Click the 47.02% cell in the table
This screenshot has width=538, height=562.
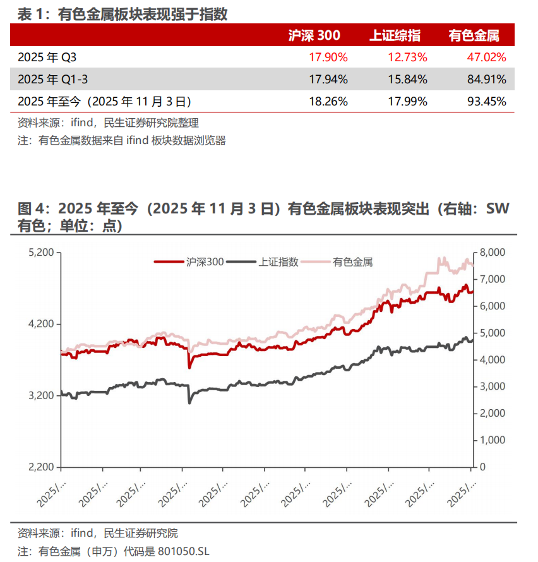coord(486,57)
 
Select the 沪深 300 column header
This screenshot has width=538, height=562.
coord(314,35)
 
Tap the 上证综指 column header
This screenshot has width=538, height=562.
coord(395,35)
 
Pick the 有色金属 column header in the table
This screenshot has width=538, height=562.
coord(477,35)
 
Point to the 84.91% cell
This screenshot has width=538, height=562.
coord(486,79)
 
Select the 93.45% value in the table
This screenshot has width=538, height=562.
coord(486,101)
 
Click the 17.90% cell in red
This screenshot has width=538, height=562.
coord(328,57)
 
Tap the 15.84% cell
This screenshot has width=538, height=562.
coord(408,79)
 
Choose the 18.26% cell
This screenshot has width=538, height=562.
coord(328,101)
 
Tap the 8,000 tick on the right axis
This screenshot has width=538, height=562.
coord(492,253)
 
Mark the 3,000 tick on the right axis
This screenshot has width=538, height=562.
coord(492,386)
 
